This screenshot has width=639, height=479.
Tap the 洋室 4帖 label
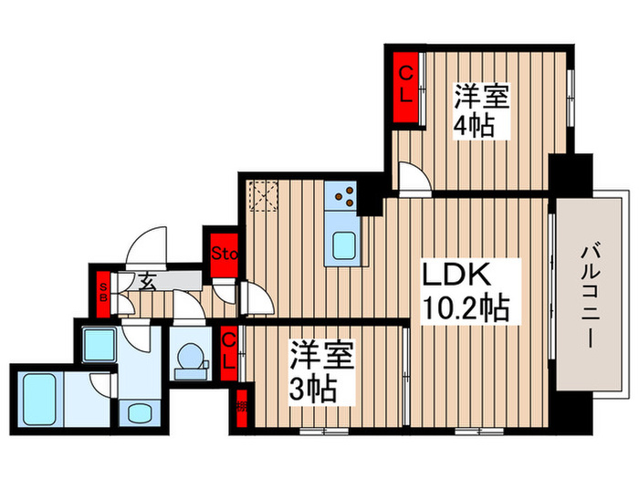coord(477,110)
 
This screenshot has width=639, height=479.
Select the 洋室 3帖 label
coord(317,372)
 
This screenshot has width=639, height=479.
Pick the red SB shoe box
coord(102,291)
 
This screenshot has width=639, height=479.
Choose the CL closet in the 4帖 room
coord(403,83)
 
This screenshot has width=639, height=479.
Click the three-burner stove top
coord(344,193)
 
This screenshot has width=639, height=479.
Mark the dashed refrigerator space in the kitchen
coord(266,196)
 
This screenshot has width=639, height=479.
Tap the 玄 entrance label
coord(146,280)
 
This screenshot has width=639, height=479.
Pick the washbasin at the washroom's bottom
coord(141,412)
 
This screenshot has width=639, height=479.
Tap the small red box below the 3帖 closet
coord(243,399)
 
